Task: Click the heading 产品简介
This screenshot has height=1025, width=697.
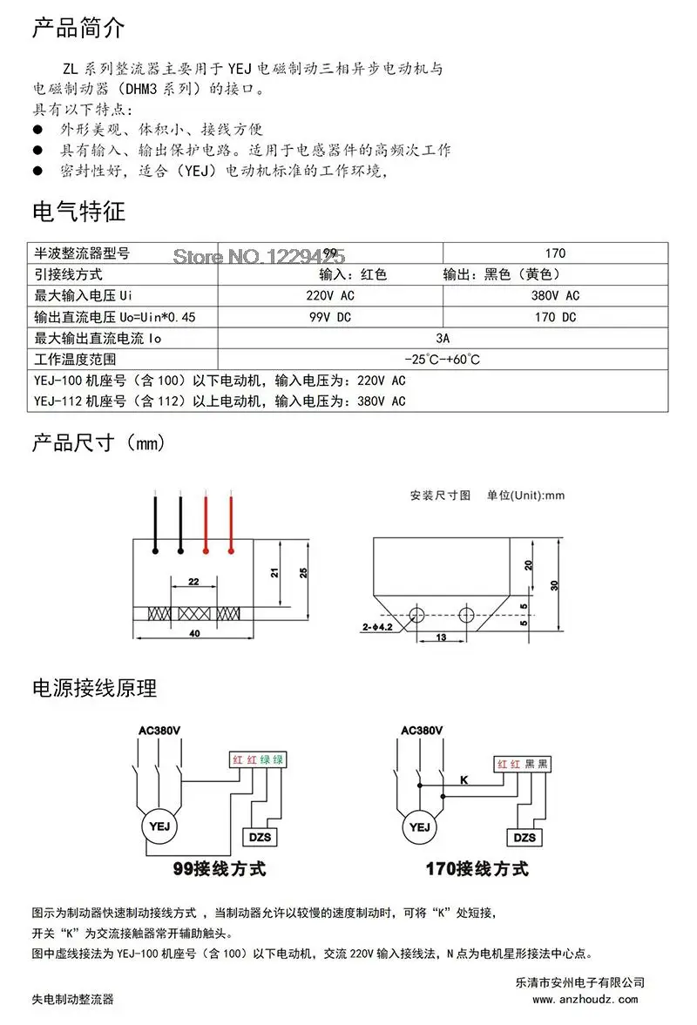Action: (x=78, y=28)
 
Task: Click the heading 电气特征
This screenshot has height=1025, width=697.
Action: (x=78, y=212)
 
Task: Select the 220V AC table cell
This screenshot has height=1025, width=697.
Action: (x=330, y=295)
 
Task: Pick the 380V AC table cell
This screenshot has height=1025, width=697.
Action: (x=555, y=295)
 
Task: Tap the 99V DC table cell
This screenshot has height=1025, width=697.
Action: (x=330, y=317)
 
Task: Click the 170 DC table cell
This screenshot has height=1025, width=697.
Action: (x=555, y=317)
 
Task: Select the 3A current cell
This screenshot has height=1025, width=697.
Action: (x=443, y=338)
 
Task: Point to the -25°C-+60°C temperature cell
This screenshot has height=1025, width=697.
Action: (x=443, y=359)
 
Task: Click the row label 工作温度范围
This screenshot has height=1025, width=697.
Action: (x=75, y=359)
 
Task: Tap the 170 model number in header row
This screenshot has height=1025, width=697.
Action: (x=555, y=253)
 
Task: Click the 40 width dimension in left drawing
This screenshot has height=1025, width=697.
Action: (x=194, y=633)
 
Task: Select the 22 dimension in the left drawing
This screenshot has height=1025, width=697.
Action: (x=193, y=581)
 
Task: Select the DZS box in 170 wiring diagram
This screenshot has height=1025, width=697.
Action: (x=524, y=838)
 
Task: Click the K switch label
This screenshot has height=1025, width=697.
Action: (x=464, y=779)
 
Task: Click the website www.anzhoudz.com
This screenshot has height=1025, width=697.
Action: (x=585, y=999)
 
